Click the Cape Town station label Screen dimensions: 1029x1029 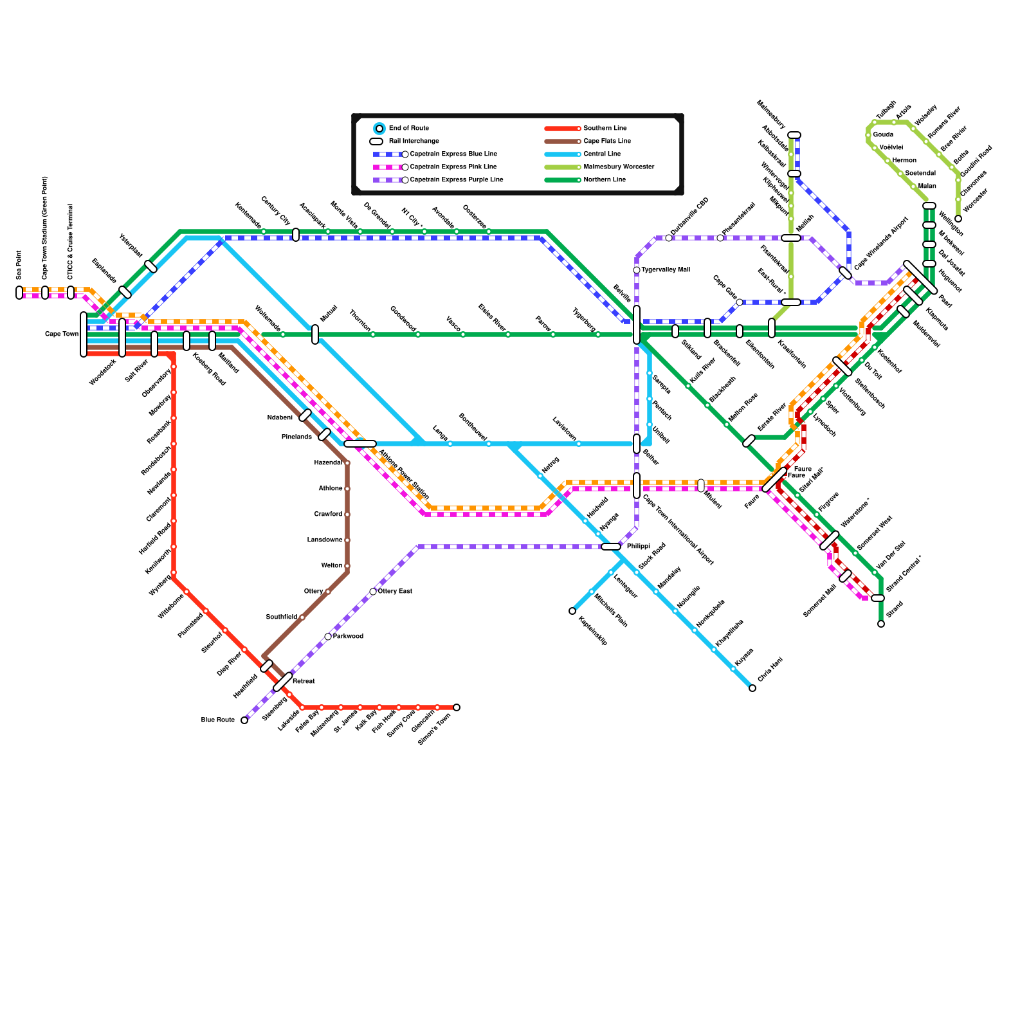click(x=62, y=334)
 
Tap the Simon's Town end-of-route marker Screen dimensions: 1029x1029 click(x=457, y=707)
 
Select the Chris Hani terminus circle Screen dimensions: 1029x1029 click(x=752, y=688)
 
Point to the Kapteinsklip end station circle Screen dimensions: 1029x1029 click(x=572, y=611)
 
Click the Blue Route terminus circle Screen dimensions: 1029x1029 click(x=244, y=720)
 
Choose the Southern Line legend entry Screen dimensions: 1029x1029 click(x=605, y=129)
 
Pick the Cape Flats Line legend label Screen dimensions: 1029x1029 click(x=607, y=141)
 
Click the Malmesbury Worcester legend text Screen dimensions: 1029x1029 click(x=619, y=167)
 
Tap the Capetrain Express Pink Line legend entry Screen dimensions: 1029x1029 click(x=453, y=167)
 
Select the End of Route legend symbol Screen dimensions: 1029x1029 click(x=379, y=129)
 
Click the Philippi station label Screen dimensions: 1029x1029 click(x=639, y=547)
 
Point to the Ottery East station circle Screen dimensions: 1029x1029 click(x=373, y=592)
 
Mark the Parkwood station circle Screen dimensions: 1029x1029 click(x=328, y=637)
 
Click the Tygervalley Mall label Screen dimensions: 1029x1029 click(x=665, y=270)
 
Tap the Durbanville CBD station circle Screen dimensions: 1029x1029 click(x=669, y=238)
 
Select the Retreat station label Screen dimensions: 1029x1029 click(x=304, y=682)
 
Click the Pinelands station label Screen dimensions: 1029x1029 click(x=296, y=437)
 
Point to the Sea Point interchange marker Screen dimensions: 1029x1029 click(x=19, y=293)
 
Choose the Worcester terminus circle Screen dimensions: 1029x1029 click(x=958, y=219)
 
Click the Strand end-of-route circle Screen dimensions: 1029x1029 click(x=881, y=624)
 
